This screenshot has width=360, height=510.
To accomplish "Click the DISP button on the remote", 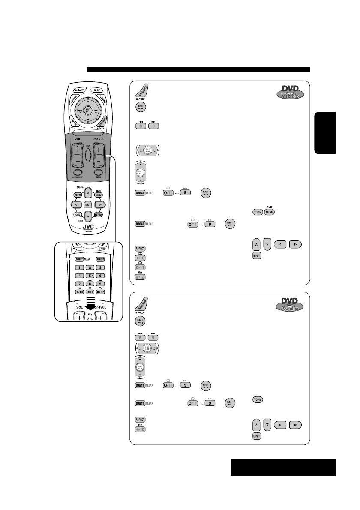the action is (x=97, y=90).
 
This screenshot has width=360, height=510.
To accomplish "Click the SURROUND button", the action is (x=78, y=174).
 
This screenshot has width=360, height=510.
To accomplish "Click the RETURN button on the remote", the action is (x=98, y=215).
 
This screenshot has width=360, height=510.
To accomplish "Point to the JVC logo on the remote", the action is (x=88, y=229).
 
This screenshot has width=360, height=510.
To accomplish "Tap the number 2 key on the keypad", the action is (x=89, y=267).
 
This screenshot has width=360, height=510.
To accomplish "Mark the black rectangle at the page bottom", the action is (x=283, y=468).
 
